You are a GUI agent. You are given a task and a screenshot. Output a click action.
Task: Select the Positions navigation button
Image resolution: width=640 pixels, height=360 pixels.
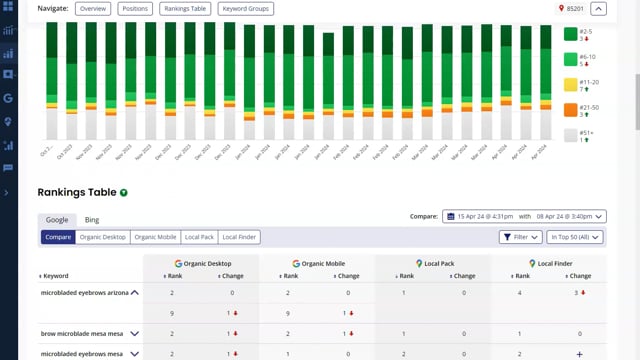[136, 9]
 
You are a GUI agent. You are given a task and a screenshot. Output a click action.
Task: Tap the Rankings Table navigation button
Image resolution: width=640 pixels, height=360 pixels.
[186, 9]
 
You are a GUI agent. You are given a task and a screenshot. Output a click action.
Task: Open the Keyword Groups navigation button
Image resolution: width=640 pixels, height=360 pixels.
[245, 9]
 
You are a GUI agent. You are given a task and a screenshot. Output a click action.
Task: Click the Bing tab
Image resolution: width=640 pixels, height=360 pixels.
[92, 220]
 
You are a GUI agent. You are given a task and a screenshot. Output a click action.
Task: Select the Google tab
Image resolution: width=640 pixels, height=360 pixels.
[57, 220]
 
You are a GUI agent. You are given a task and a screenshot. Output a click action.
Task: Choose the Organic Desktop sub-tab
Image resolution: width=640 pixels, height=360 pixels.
[102, 237]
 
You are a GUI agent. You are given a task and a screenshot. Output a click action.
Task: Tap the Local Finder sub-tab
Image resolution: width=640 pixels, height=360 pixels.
[241, 237]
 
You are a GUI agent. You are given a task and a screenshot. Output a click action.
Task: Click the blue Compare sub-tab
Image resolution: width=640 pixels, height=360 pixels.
[58, 237]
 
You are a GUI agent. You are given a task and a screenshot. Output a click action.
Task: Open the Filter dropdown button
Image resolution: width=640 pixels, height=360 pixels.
[521, 237]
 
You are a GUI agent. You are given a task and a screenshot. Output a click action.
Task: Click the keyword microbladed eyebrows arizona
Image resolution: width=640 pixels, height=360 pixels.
[83, 293]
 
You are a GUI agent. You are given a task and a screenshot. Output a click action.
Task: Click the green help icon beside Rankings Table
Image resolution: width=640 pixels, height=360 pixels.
[124, 192]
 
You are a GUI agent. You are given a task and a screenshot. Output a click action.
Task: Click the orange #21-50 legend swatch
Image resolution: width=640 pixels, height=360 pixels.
[570, 109]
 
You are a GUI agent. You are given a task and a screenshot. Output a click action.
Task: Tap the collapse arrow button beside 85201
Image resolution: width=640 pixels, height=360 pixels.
[599, 9]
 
